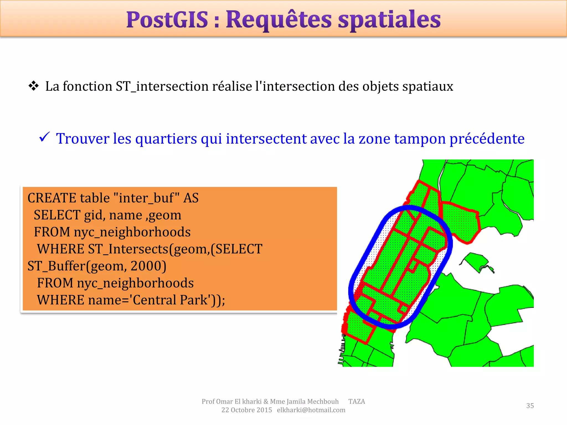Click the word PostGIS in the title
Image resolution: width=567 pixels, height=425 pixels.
[167, 20]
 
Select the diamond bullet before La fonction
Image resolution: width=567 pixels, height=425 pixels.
[33, 86]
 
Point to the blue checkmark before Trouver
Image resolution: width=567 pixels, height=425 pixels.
[44, 137]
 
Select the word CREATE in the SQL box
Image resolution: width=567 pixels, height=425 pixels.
[52, 198]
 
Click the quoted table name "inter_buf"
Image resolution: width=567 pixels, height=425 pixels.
[146, 198]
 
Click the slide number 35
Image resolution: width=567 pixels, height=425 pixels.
[530, 406]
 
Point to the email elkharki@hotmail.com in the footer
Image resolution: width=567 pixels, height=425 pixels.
[311, 410]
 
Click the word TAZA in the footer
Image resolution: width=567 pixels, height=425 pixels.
[357, 401]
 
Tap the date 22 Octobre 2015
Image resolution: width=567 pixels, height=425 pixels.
[246, 410]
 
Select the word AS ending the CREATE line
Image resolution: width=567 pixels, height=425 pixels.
[191, 198]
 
